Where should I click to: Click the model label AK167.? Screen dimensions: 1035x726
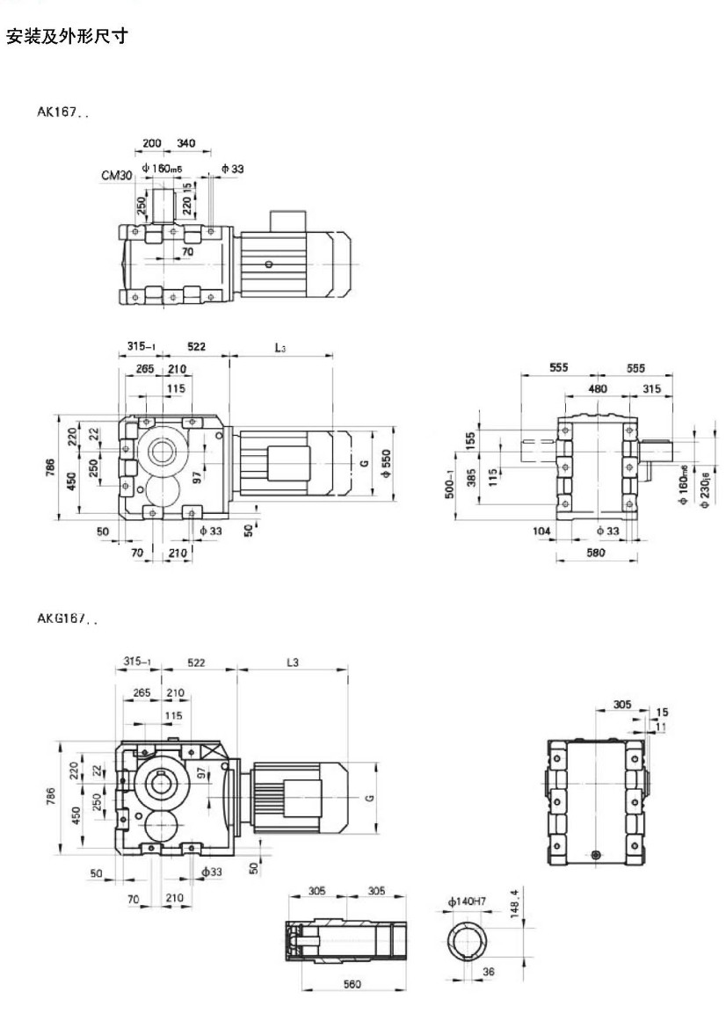[62, 112]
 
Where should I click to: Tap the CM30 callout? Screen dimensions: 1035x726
[116, 176]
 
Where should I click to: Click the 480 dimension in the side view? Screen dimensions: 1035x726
[598, 388]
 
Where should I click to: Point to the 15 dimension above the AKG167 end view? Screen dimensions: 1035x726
[661, 713]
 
